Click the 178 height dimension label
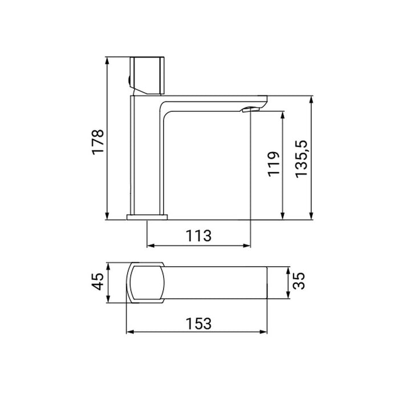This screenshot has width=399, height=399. click(98, 140)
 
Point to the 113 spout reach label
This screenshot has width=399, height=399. click(198, 234)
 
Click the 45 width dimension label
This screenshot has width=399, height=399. click(99, 282)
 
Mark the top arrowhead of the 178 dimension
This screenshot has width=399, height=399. click(108, 60)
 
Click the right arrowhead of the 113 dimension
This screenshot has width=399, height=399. click(247, 246)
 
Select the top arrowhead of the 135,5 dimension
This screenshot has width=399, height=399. click(311, 100)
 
